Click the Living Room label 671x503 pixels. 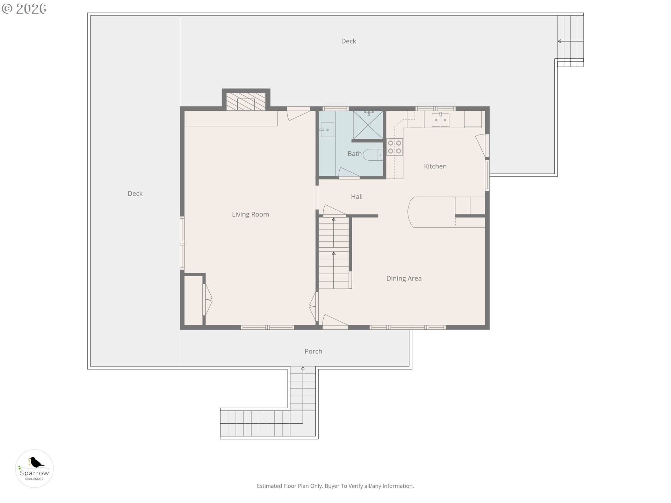point(250,214)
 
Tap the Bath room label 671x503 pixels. point(354,154)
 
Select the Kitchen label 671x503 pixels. point(435,166)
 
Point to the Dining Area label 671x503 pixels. point(404,278)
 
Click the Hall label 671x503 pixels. point(356,197)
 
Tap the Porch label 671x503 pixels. point(313,351)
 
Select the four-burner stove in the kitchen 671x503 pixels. point(395,147)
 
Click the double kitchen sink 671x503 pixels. point(440,120)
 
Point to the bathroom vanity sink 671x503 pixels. point(327,130)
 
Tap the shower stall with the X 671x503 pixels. point(368,125)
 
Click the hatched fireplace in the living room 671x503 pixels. point(246,102)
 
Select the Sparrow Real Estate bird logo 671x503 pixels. point(34,468)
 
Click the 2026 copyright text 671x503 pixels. point(24,9)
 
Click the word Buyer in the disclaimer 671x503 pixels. point(332,486)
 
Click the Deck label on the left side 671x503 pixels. point(135,194)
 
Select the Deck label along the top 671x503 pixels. point(348,41)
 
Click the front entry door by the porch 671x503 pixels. point(335,321)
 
